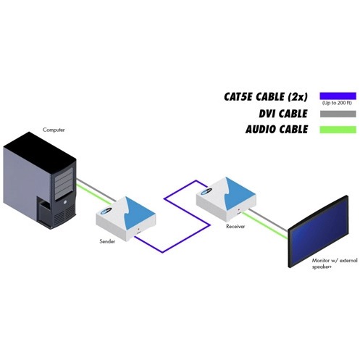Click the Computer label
pos(54,130)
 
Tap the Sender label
pos(107,241)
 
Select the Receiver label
pos(235,227)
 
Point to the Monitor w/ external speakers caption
pos(335,264)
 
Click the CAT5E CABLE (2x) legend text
pos(266,96)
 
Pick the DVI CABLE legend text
pos(283,114)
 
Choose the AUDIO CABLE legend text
pos(277,130)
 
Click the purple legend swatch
pos(338,96)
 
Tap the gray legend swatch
pos(338,114)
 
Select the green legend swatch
pos(338,130)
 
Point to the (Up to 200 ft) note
pos(337,103)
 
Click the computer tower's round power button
pos(66,202)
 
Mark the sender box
pos(125,219)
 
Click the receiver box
pos(226,199)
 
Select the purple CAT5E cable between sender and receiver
pos(186,238)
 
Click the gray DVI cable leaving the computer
pos(96,190)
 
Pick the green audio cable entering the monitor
pos(264,225)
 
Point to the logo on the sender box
pos(106,211)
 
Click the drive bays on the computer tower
pos(64,184)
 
